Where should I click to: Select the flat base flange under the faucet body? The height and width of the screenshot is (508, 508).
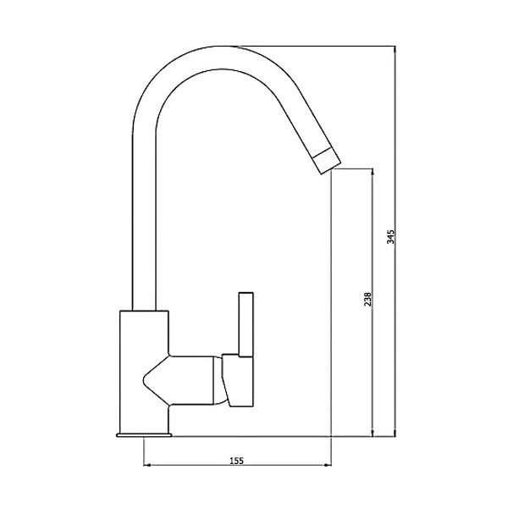coord(144,434)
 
